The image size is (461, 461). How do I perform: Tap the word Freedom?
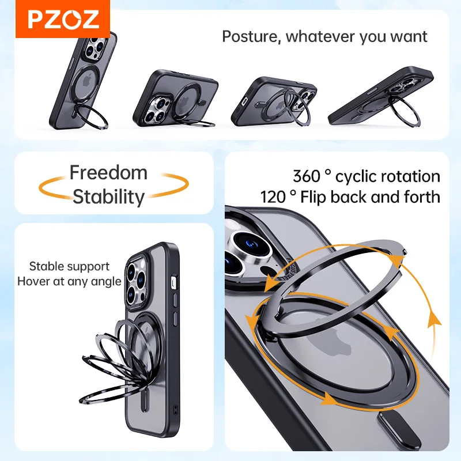(x=108, y=172)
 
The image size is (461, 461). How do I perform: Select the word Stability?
(x=108, y=197)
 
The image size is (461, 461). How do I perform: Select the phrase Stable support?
(x=69, y=266)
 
